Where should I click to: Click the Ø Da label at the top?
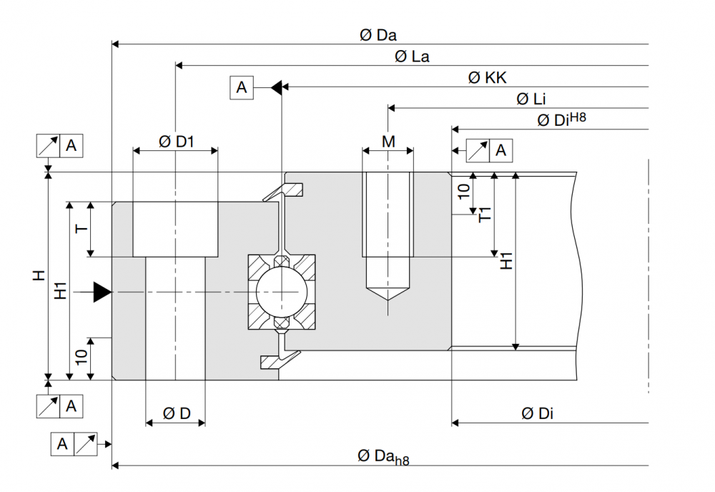378,35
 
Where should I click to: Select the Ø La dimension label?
412,56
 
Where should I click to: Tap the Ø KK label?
488,78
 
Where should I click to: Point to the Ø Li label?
531,99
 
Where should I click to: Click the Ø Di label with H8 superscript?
561,119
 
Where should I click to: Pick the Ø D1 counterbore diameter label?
176,142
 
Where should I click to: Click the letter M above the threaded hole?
388,142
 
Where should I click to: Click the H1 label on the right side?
506,261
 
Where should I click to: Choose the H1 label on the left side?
61,290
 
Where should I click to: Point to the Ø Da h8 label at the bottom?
383,457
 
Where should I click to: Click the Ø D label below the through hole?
176,413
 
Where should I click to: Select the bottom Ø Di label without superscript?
536,413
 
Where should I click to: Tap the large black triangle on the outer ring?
102,292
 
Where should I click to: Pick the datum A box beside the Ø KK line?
242,88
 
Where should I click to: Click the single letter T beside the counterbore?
82,229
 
